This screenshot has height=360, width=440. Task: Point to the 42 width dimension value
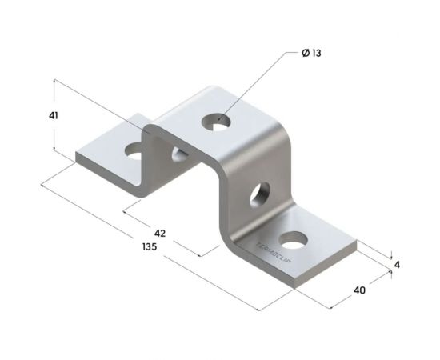[160, 233]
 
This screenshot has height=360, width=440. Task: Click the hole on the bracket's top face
[216, 122]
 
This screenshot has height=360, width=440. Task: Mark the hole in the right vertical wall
[261, 194]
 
